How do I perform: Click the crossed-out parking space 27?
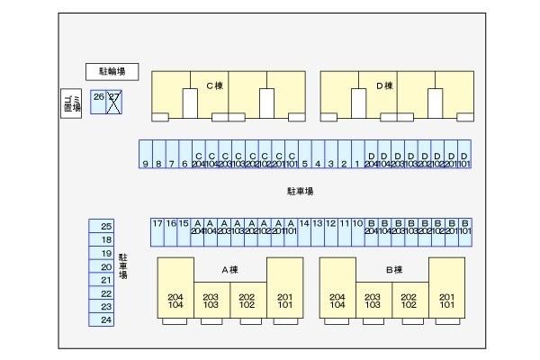[x=114, y=102]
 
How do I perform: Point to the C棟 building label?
[x=214, y=86]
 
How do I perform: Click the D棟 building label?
[x=384, y=86]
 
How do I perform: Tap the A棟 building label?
[x=229, y=270]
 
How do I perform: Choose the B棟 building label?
[x=393, y=270]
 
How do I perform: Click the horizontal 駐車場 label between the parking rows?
[x=300, y=191]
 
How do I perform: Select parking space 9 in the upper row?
[x=145, y=155]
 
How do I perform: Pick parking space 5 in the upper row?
[x=305, y=155]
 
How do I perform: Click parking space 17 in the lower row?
[x=157, y=232]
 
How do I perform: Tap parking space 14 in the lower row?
[x=304, y=232]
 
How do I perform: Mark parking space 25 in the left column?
[x=106, y=226]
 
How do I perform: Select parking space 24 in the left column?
[x=106, y=319]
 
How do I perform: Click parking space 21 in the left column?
[x=106, y=280]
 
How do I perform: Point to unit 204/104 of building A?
[x=175, y=301]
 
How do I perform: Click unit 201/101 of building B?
[x=446, y=301]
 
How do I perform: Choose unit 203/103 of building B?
[x=373, y=301]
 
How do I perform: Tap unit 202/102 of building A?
[x=247, y=301]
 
